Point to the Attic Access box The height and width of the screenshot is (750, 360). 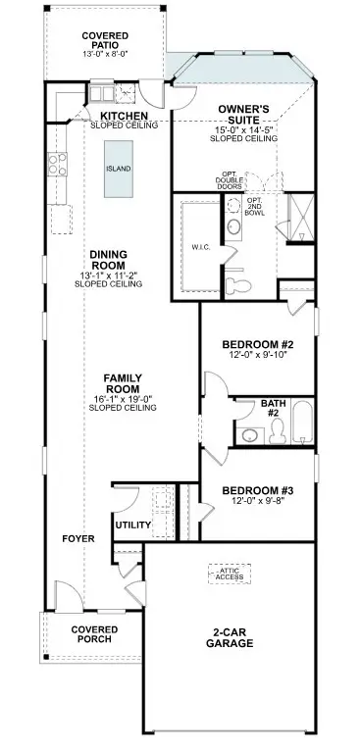(x=231, y=574)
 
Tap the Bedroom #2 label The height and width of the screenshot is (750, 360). (x=259, y=345)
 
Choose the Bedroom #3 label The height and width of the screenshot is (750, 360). (x=258, y=490)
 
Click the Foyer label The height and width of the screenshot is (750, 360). (x=77, y=539)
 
